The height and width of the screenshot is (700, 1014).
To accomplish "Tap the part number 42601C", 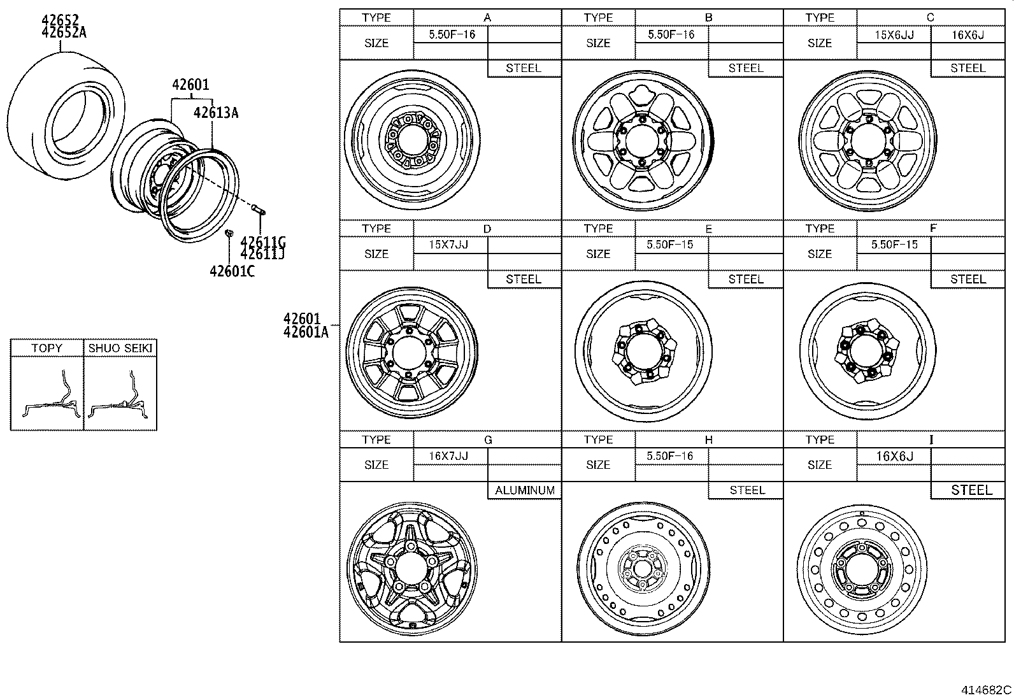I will click(x=232, y=271).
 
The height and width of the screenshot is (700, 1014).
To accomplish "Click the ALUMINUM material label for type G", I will click(x=525, y=490).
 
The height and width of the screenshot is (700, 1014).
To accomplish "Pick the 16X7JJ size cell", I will click(x=449, y=456).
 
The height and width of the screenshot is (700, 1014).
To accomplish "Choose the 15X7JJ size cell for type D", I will click(x=449, y=245).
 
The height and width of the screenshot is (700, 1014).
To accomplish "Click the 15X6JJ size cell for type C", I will click(x=894, y=34).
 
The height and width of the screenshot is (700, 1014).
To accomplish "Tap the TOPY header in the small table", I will click(x=46, y=348).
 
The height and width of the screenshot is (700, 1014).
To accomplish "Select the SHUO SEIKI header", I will click(x=120, y=348).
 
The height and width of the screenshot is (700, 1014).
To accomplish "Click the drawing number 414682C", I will click(x=986, y=690).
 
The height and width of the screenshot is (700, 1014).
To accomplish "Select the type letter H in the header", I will click(x=709, y=440).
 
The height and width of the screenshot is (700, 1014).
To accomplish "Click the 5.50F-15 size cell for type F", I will click(x=894, y=245).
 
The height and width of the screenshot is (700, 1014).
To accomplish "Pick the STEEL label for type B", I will click(x=745, y=68).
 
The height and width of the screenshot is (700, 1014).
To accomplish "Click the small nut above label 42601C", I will click(x=229, y=232).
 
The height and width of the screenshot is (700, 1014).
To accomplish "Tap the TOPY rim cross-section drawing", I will click(x=47, y=395).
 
